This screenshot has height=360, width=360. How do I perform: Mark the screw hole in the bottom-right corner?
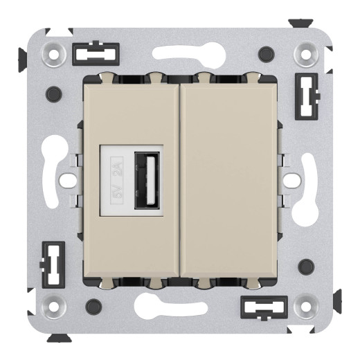point(305,305)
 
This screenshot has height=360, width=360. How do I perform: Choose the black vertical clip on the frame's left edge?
point(51,264)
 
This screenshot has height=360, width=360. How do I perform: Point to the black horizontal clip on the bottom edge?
point(263,307)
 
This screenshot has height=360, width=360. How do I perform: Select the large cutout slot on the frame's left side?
point(55,179)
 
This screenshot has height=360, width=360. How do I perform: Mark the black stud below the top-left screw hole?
point(52,93)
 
